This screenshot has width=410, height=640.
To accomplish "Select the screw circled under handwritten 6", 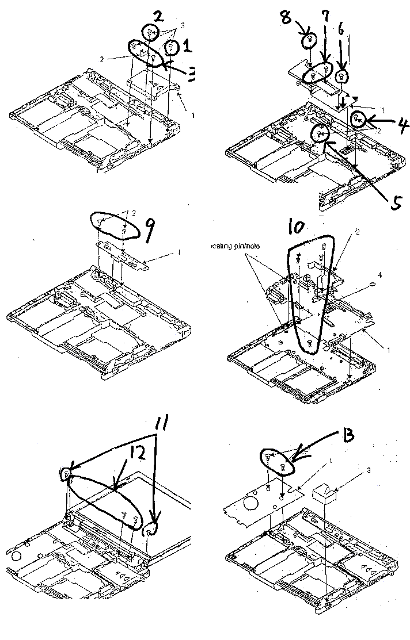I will tap(341, 75).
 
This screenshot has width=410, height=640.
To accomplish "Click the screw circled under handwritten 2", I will tap(150, 33).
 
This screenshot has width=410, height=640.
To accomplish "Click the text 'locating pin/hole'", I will tap(233, 246).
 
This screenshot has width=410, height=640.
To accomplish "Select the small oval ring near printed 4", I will tap(373, 285).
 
